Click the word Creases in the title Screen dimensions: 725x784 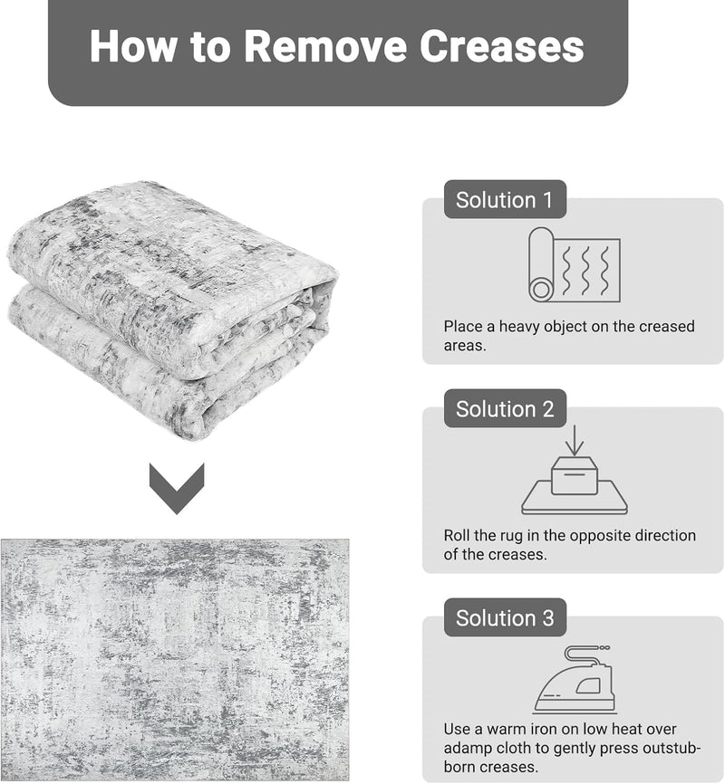pos(502,46)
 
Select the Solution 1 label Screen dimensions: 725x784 pos(505,199)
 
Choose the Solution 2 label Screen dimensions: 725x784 pos(505,408)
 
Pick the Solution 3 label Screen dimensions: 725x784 pos(505,617)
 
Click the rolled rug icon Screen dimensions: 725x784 pos(575,264)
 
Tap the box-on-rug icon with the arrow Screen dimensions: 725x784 pos(575,470)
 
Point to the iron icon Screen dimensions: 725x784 pos(575,679)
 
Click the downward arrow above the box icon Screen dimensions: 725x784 pos(575,441)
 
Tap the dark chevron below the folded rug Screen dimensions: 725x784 pos(177,489)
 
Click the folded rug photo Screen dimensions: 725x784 pos(173,310)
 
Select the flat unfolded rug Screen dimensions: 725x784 pos(175,659)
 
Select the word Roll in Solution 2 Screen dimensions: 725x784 pos(456,536)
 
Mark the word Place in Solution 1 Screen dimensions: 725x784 pos(462,327)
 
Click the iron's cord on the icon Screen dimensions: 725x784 pos(585,654)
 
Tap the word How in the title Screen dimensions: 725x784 pos(133,46)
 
